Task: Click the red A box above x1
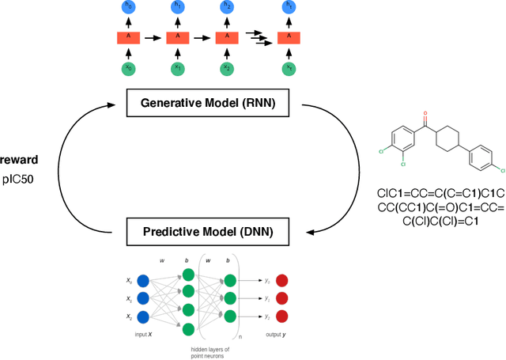[x=177, y=36]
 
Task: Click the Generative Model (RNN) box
[x=208, y=102]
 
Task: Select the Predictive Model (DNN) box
[x=208, y=232]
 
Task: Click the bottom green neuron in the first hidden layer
[x=187, y=329]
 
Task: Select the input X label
[x=144, y=336]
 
